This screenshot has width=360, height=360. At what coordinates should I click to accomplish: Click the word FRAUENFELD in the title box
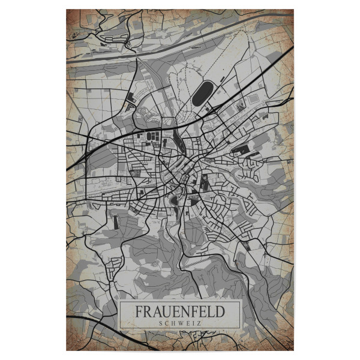(179, 312)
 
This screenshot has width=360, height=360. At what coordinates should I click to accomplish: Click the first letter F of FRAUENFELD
(138, 312)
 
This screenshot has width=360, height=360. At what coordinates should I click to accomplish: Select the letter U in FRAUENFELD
(163, 312)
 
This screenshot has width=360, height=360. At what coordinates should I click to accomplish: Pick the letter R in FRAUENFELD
(146, 312)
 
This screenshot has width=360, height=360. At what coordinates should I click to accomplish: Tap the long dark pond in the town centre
(178, 142)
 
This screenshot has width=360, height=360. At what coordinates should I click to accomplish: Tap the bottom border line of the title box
(179, 329)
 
